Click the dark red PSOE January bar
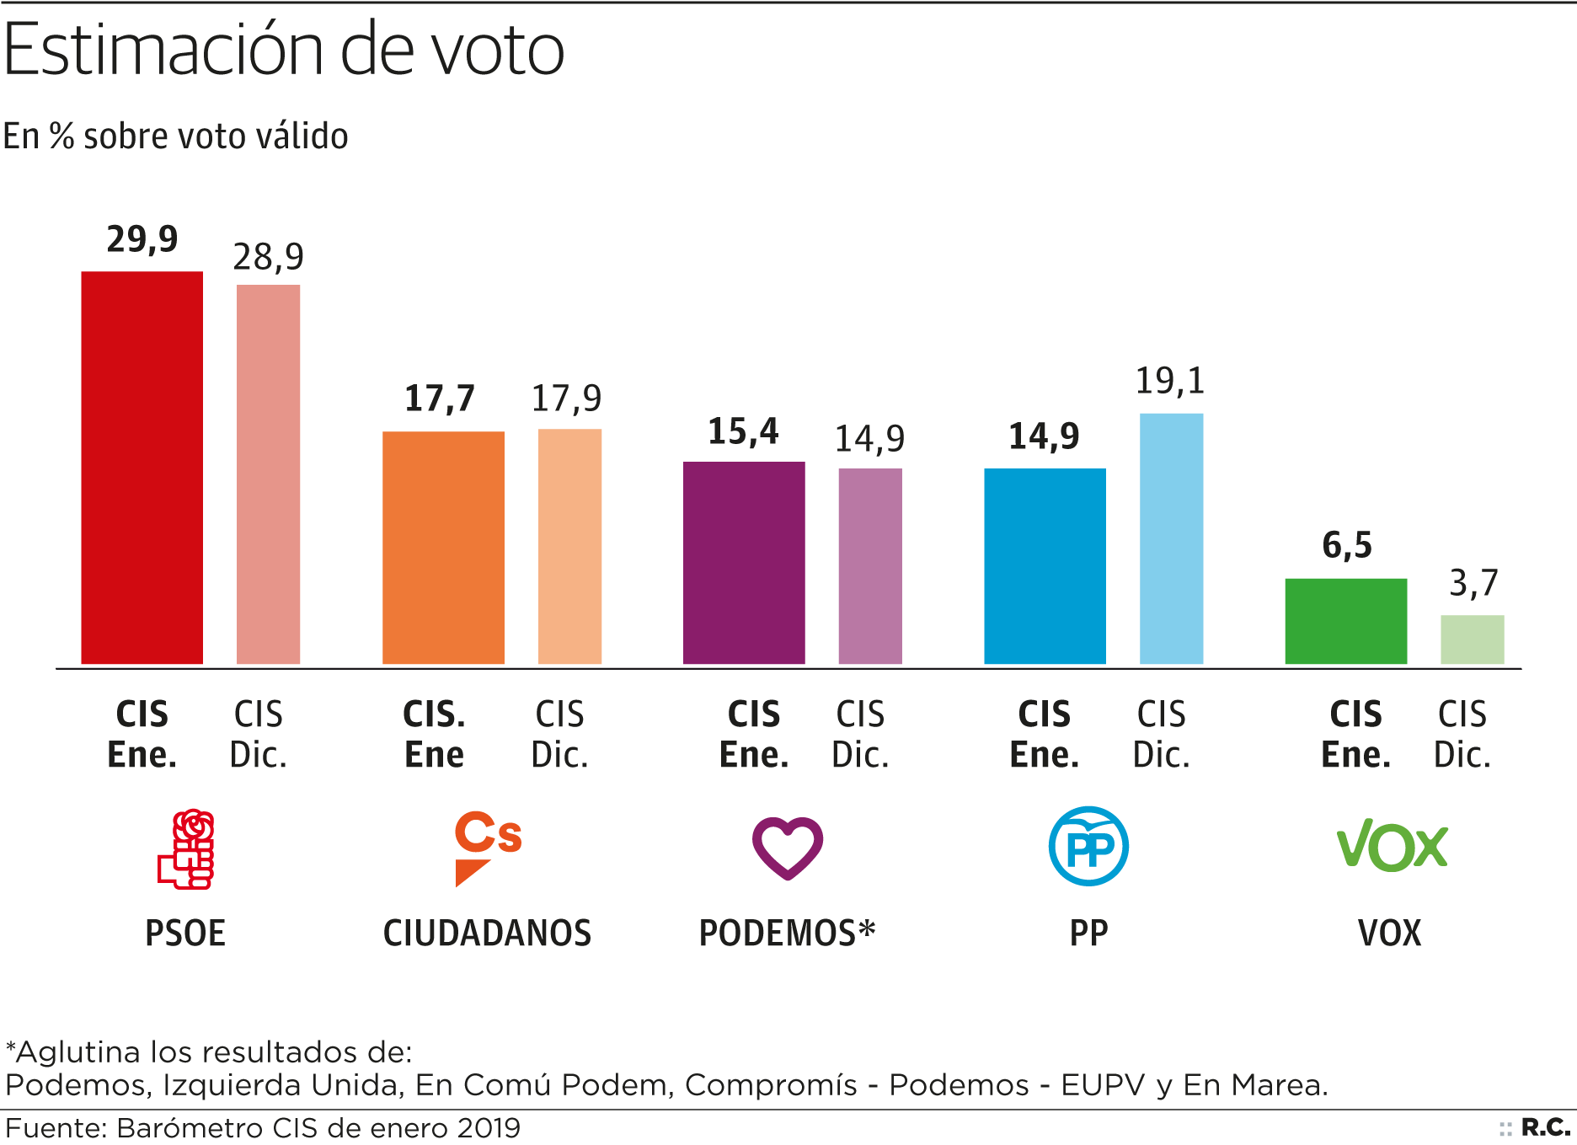[142, 468]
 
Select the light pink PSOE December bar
[268, 474]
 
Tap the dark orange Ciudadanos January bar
[443, 548]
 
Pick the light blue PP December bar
[1171, 538]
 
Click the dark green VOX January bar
[1345, 621]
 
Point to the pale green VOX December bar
[1472, 639]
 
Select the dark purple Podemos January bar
[744, 563]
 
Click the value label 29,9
[142, 240]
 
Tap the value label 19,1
[1170, 382]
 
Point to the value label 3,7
[1473, 583]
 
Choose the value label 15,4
[743, 432]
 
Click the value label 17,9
[566, 399]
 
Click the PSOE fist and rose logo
[186, 848]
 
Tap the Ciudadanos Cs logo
[487, 848]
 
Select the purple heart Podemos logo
[788, 848]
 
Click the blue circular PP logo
[1088, 846]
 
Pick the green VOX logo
[1392, 845]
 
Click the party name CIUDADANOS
[487, 934]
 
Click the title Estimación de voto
[284, 50]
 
